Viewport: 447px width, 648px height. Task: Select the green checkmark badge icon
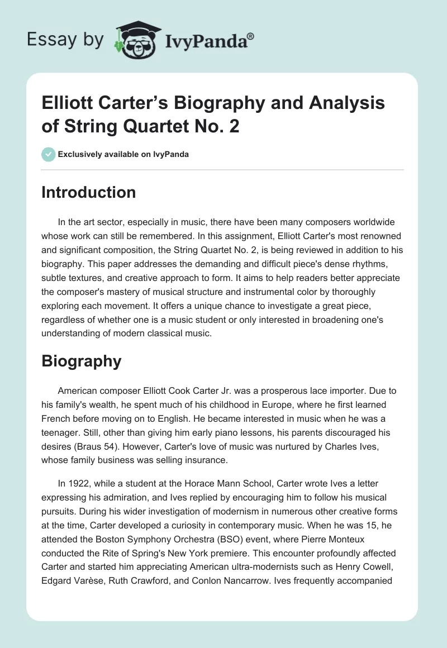pos(49,154)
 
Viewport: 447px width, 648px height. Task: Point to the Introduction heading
pos(89,193)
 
